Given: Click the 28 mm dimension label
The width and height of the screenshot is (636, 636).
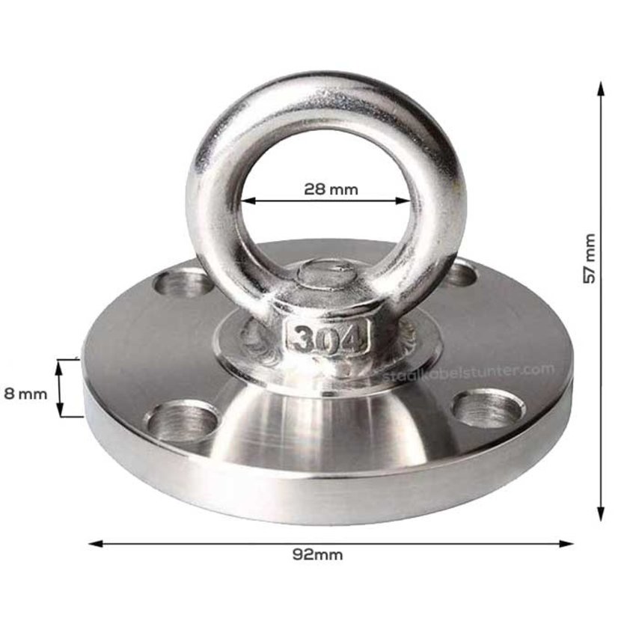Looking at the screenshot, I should pyautogui.click(x=331, y=189).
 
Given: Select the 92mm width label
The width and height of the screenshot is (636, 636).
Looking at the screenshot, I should pyautogui.click(x=318, y=555).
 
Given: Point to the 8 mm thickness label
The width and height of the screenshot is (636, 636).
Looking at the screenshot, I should pyautogui.click(x=25, y=393).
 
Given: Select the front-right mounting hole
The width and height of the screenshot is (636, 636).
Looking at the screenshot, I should pyautogui.click(x=489, y=409).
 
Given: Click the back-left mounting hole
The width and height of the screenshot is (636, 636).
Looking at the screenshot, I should pyautogui.click(x=183, y=282).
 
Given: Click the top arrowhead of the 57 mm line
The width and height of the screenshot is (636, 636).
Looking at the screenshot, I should pyautogui.click(x=600, y=88).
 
